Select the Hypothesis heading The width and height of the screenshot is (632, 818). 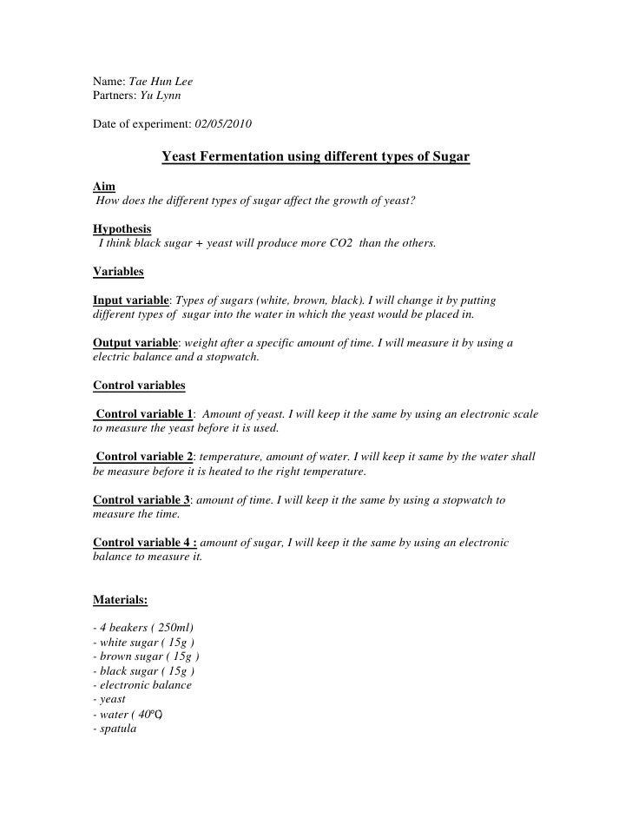click(x=121, y=228)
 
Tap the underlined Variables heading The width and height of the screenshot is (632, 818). click(x=118, y=271)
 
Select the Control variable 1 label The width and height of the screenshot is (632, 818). click(x=145, y=414)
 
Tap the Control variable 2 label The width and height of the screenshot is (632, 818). click(x=145, y=457)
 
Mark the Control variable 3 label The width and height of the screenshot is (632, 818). click(x=141, y=500)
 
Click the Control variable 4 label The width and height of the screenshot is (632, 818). click(x=144, y=543)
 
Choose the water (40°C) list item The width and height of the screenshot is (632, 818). click(x=128, y=714)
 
